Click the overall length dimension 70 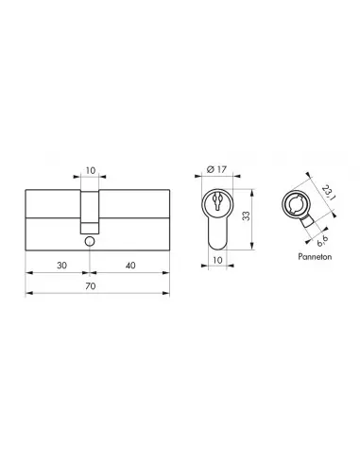[x=90, y=284]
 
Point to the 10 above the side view [x=90, y=173]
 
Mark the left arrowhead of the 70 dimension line [x=26, y=293]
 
